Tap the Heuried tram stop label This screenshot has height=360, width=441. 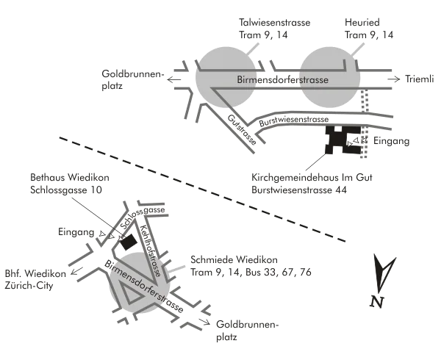click(362, 24)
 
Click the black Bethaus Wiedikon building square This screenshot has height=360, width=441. click(129, 241)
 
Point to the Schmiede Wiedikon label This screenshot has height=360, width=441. click(232, 260)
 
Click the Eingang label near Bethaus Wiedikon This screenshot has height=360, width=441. click(78, 232)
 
